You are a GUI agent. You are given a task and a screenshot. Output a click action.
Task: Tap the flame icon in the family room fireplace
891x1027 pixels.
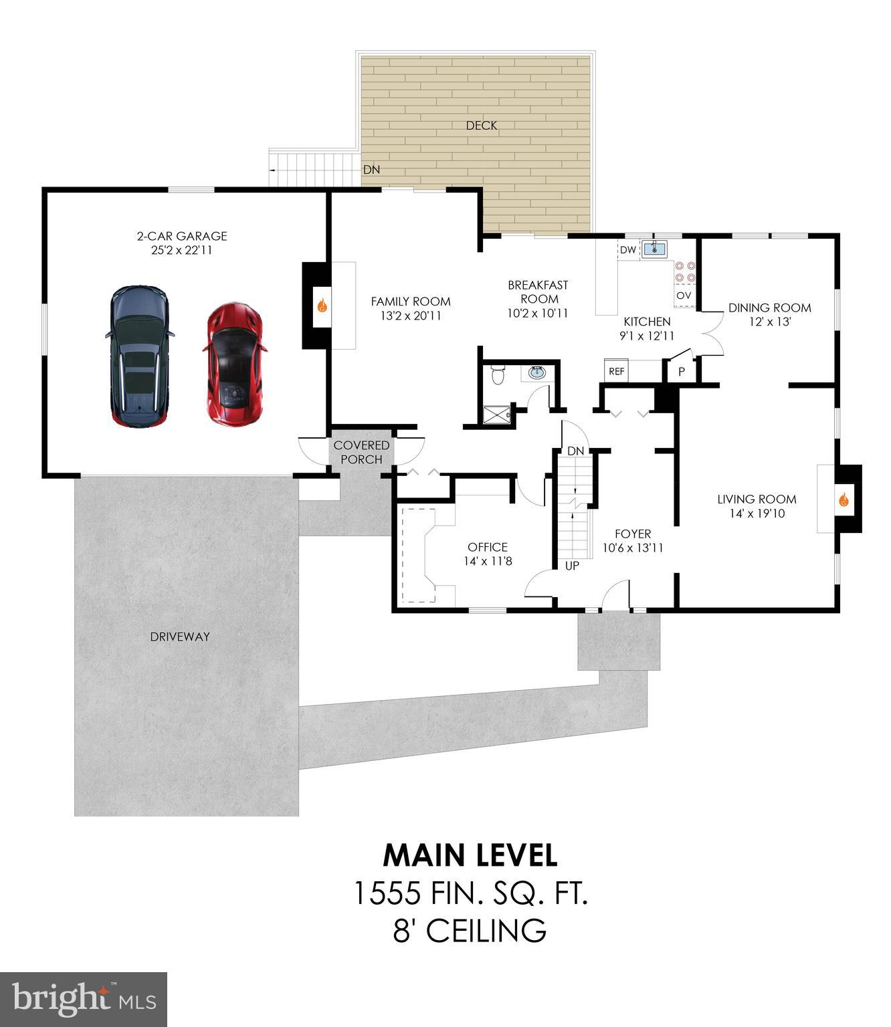coord(322,306)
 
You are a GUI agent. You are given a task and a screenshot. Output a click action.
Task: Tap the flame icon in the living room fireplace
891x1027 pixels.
coord(844,499)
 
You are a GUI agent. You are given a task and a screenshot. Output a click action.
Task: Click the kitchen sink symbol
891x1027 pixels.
coord(654,250)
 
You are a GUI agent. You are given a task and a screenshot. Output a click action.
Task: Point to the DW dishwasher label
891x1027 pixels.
coord(627,250)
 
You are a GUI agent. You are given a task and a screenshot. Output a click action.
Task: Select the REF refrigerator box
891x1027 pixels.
coord(616,371)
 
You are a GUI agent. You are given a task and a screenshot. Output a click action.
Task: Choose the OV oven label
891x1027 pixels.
coord(684,296)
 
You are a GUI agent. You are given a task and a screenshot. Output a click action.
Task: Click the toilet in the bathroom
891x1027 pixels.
coord(497,375)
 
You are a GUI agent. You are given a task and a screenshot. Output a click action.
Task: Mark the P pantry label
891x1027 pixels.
coord(682,372)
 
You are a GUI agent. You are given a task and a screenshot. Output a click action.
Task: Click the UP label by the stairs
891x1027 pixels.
coord(572,566)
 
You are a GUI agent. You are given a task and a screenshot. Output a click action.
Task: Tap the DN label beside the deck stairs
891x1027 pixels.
coord(371,170)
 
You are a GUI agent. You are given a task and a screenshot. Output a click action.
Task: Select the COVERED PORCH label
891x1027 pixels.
coord(361,453)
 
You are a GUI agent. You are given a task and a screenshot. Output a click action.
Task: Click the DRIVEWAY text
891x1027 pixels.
coord(180,637)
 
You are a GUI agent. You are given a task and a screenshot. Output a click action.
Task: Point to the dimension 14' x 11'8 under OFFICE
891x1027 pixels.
coord(488,562)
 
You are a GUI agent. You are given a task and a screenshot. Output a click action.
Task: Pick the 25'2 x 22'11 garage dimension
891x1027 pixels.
coord(182,250)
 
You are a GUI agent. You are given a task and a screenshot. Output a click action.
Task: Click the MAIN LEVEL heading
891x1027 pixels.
coord(470,855)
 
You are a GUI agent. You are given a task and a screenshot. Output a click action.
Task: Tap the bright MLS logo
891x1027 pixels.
coord(84,1000)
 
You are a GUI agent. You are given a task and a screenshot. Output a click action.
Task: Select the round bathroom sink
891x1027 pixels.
coord(536,372)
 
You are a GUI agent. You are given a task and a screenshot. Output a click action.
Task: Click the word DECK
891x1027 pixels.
coord(481,126)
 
